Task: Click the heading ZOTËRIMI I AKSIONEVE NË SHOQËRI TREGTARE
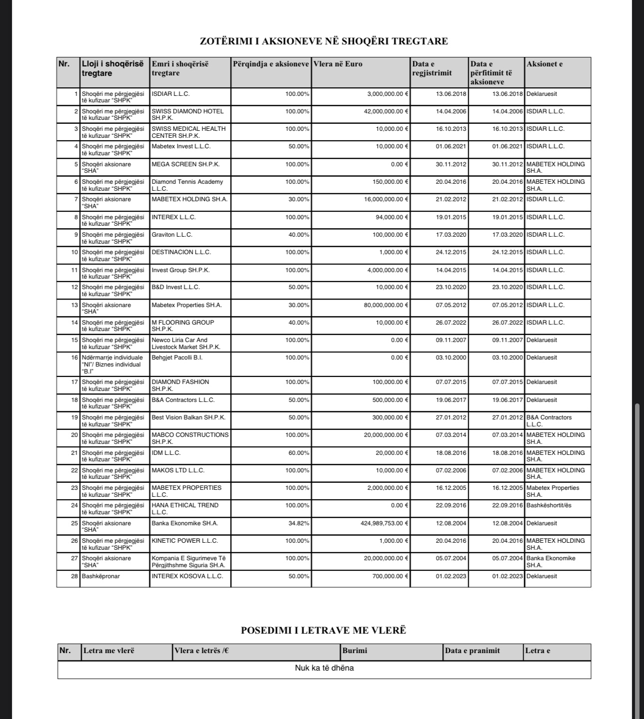323,41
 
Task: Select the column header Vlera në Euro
338,64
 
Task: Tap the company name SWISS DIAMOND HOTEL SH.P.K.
188,114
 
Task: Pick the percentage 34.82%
300,523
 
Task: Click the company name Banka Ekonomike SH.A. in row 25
185,523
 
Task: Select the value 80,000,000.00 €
386,305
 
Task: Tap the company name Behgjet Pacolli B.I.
177,358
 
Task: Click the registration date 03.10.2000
451,358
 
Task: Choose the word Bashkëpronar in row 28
101,576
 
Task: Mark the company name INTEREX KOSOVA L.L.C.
187,576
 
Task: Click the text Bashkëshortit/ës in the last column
549,505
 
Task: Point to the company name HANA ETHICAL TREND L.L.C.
185,508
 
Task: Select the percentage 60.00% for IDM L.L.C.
300,453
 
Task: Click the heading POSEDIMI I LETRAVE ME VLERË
323,630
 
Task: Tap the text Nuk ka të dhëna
324,668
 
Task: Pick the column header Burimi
355,651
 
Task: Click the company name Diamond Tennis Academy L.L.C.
187,185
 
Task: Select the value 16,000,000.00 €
386,199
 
